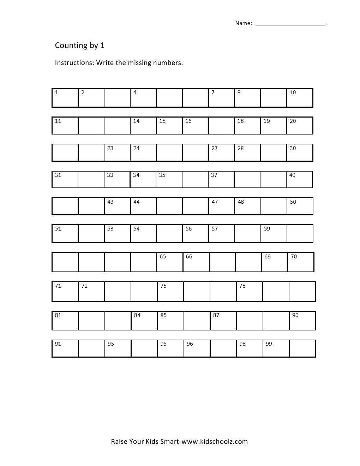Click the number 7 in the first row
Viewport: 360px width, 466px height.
213,93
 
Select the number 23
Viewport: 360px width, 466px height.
110,149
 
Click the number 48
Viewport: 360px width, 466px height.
241,202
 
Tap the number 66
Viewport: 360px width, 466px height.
189,257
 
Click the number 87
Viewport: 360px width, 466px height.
216,316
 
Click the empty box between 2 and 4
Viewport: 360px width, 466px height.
117,98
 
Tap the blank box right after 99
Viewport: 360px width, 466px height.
302,348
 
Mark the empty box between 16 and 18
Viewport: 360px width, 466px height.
221,126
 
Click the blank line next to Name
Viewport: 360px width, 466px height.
290,23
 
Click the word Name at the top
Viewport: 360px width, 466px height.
243,23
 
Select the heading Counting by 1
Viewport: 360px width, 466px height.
80,46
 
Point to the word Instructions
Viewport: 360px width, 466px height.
74,63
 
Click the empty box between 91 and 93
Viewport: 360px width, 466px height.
91,348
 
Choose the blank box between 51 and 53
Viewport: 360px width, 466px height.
91,234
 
